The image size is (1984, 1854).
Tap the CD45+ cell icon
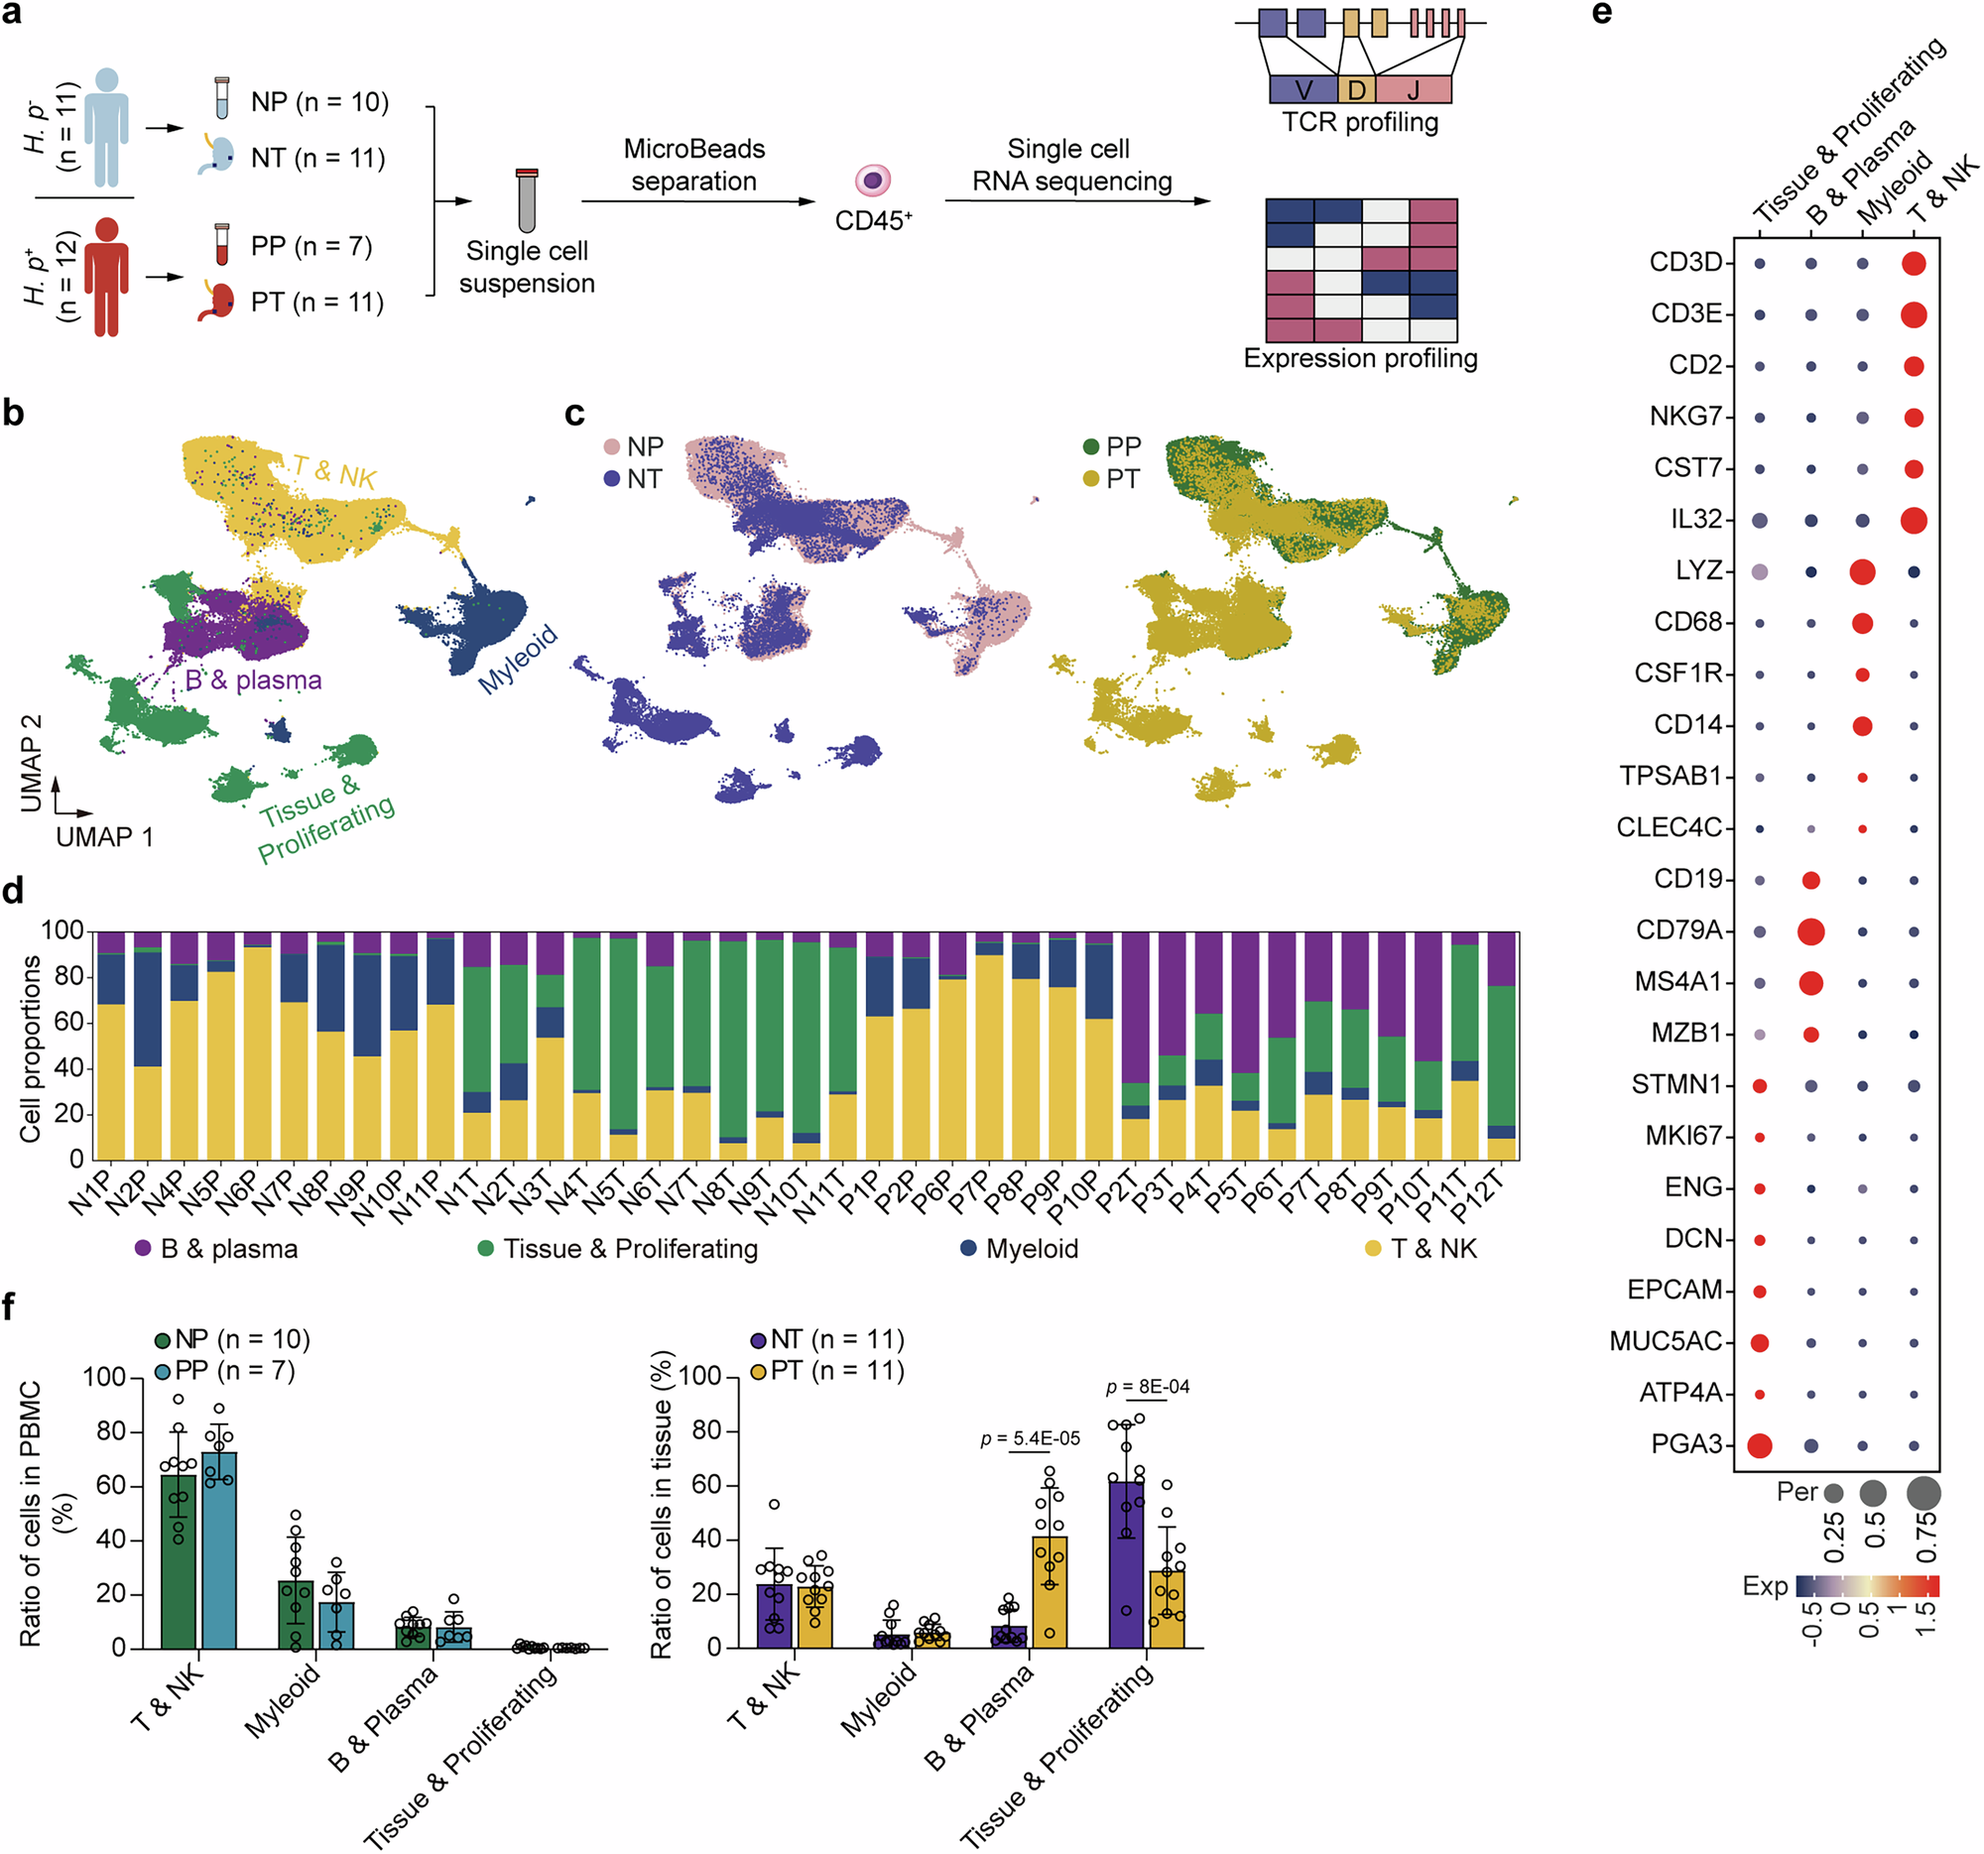(872, 181)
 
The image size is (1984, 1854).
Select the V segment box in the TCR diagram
(1302, 90)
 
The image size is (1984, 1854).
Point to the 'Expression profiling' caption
(1359, 358)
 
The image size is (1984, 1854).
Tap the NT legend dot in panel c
(612, 479)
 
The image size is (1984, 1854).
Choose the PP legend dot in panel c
(1091, 446)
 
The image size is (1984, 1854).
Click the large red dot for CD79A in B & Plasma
(1810, 931)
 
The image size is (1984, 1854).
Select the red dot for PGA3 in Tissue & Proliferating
(1760, 1445)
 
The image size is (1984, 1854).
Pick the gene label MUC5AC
(1665, 1341)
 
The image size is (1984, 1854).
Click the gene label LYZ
(1698, 570)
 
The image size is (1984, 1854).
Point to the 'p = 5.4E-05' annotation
(1030, 1439)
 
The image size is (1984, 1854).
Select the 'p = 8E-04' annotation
(1147, 1387)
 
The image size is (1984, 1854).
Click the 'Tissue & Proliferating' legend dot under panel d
(485, 1248)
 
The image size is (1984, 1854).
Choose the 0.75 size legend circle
(1923, 1493)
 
